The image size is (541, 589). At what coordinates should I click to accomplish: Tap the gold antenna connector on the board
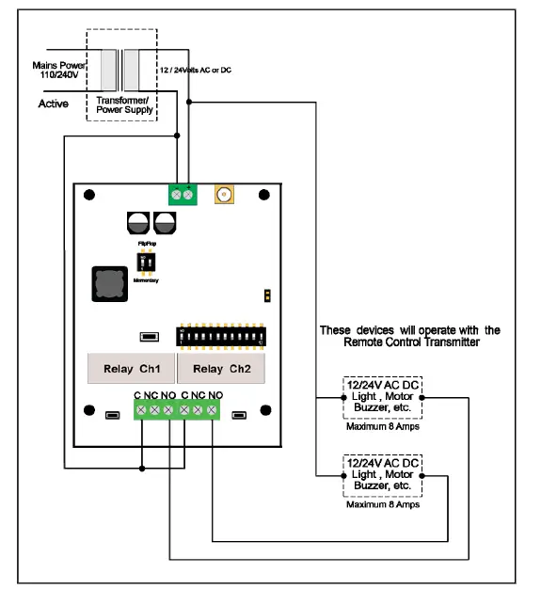(x=225, y=196)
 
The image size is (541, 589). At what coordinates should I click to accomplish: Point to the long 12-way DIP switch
(x=217, y=334)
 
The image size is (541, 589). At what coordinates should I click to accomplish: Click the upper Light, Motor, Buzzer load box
(x=380, y=398)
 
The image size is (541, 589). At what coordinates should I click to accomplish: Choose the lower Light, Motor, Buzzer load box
(x=380, y=476)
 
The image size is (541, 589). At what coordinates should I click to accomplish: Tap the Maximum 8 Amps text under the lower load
(x=380, y=504)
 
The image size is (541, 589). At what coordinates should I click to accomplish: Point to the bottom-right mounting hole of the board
(x=265, y=409)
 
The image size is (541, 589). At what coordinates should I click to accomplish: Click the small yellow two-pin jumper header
(x=267, y=295)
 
